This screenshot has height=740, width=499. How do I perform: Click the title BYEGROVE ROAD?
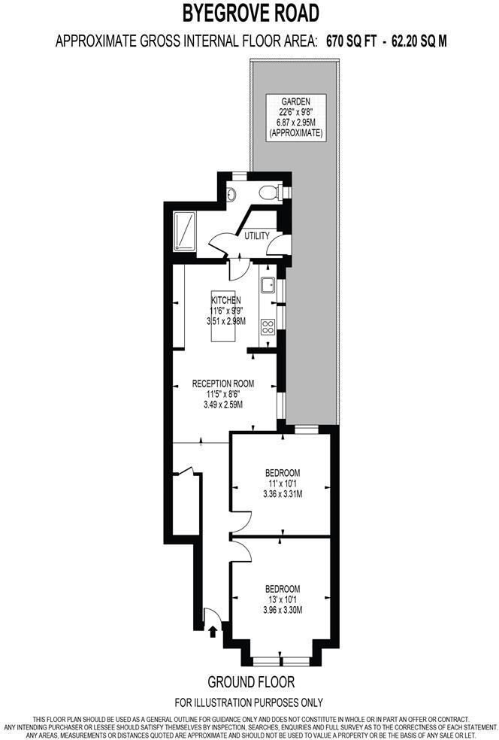click(251, 13)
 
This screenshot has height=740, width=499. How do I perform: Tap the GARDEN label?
click(296, 102)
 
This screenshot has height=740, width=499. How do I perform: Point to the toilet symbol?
click(270, 193)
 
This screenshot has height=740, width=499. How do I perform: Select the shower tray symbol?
click(185, 230)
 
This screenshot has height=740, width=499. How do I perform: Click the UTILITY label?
click(257, 236)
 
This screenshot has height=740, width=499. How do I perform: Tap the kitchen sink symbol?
click(268, 285)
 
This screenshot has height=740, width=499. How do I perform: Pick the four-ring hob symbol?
click(268, 326)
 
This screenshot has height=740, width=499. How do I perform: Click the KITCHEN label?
click(225, 299)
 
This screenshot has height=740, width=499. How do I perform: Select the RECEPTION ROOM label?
click(222, 384)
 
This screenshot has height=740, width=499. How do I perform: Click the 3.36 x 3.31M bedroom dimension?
click(283, 494)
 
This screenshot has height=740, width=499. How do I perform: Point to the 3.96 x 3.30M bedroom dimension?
click(283, 610)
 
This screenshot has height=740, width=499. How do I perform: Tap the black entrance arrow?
click(213, 629)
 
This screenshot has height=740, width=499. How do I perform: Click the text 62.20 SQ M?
click(419, 41)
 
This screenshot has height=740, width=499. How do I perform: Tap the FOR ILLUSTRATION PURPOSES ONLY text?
click(249, 703)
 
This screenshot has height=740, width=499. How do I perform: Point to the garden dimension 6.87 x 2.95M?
click(296, 123)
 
